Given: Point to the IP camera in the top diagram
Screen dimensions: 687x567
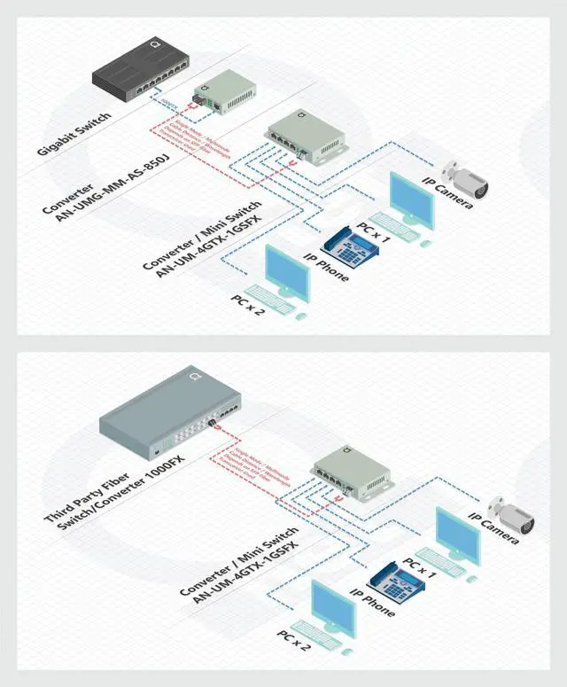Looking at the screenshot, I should coord(467,178).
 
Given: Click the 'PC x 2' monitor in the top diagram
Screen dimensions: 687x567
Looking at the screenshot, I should coord(288,271).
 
